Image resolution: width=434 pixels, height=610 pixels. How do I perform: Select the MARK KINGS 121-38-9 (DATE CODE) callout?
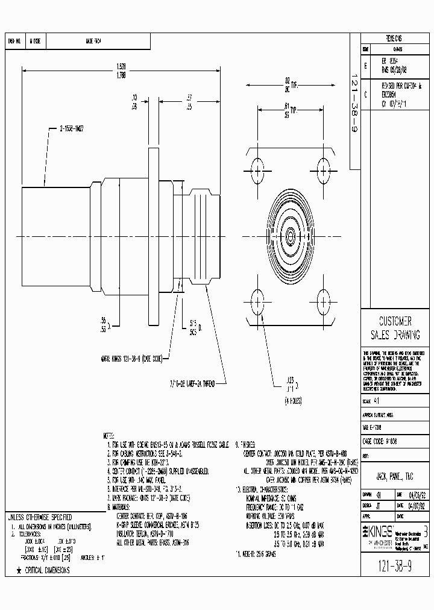131,358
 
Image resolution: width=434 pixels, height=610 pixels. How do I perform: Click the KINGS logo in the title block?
376,529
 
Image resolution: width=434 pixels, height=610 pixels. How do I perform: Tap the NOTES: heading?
108,434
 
